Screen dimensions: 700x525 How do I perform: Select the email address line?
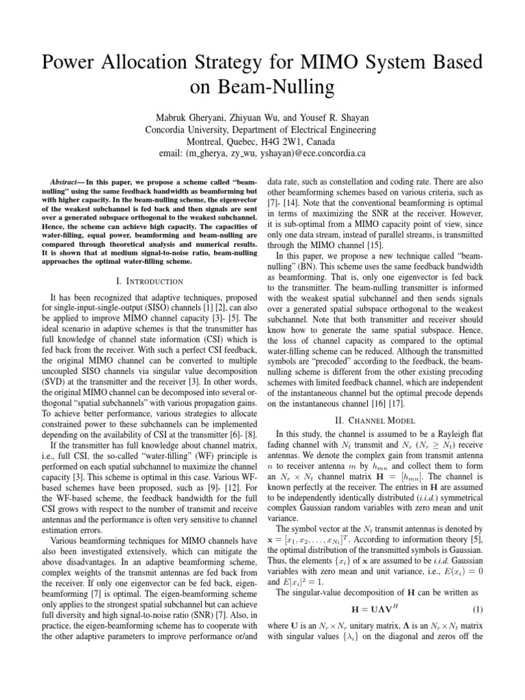pos(262,154)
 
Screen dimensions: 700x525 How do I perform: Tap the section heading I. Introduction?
pos(146,282)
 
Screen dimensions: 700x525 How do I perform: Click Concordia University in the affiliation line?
pos(191,130)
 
